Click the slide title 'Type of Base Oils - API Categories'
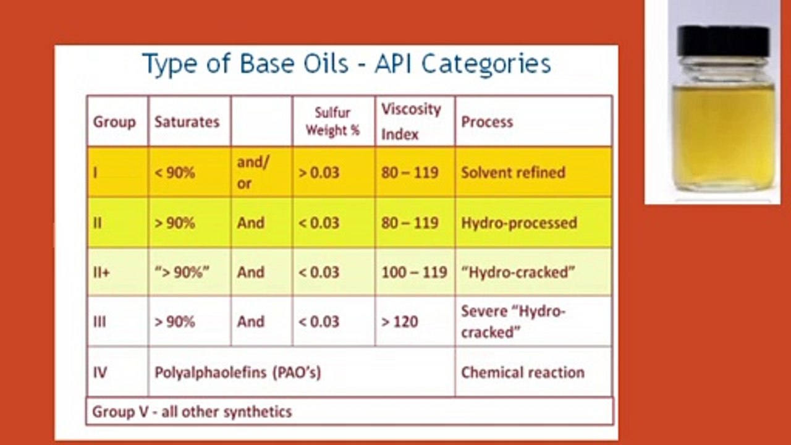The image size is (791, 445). [x=347, y=64]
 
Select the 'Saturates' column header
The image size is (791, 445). [x=187, y=122]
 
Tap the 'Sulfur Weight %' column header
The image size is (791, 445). [x=332, y=122]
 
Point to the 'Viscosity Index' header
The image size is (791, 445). [x=411, y=122]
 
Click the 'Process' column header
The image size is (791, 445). [x=487, y=122]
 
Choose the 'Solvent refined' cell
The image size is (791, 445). [x=513, y=172]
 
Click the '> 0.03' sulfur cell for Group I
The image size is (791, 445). [x=319, y=172]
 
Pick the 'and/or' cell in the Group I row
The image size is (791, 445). [x=253, y=172]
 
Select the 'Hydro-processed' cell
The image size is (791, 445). [x=519, y=223]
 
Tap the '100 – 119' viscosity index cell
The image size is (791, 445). [x=414, y=273]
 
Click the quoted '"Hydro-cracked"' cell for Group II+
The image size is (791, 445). [x=518, y=273]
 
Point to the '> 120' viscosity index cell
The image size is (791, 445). [x=400, y=322]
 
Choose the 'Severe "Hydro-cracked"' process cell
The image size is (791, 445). [x=514, y=322]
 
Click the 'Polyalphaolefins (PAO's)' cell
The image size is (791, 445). [x=238, y=373]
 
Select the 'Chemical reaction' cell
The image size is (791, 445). [x=523, y=373]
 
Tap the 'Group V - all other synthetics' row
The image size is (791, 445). [x=192, y=412]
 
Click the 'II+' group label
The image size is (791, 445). [x=102, y=273]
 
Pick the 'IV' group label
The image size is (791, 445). [x=100, y=373]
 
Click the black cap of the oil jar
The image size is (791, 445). [x=722, y=40]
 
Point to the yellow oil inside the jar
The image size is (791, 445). [x=724, y=136]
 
